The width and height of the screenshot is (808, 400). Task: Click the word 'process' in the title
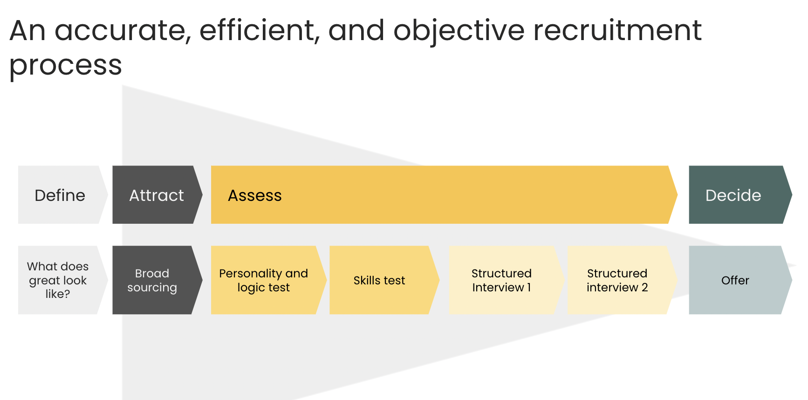tap(66, 66)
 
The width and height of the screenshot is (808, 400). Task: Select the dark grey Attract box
tap(157, 195)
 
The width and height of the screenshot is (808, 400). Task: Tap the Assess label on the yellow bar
tap(255, 195)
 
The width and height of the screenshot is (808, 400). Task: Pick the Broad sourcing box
tap(157, 280)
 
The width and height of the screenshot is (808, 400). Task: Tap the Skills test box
tap(384, 280)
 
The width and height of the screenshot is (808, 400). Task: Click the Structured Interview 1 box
tap(507, 280)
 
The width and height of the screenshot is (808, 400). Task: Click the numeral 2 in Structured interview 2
tap(645, 288)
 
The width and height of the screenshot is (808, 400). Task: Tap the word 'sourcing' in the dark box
tap(152, 288)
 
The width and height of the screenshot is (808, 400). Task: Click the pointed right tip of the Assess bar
tap(678, 195)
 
